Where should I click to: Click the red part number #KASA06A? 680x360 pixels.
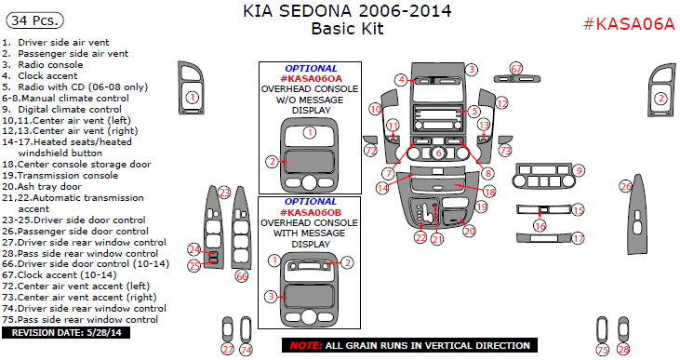pyautogui.click(x=629, y=24)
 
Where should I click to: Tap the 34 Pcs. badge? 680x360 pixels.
pyautogui.click(x=34, y=20)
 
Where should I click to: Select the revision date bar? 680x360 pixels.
pyautogui.click(x=66, y=333)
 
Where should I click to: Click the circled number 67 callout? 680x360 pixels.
pyautogui.click(x=516, y=69)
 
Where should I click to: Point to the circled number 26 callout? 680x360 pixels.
pyautogui.click(x=626, y=186)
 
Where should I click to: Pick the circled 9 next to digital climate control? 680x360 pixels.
pyautogui.click(x=579, y=171)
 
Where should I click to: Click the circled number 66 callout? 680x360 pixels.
pyautogui.click(x=242, y=276)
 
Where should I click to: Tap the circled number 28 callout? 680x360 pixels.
pyautogui.click(x=623, y=349)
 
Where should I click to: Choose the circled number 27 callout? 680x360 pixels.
pyautogui.click(x=228, y=349)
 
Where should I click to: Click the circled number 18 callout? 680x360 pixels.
pyautogui.click(x=489, y=192)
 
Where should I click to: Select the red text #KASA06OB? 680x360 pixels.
pyautogui.click(x=311, y=212)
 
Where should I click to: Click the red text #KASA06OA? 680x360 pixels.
pyautogui.click(x=311, y=78)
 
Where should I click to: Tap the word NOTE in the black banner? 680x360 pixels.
pyautogui.click(x=306, y=346)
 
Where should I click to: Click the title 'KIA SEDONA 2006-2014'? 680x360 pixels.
pyautogui.click(x=347, y=11)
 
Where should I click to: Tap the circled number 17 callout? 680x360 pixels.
pyautogui.click(x=579, y=238)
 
